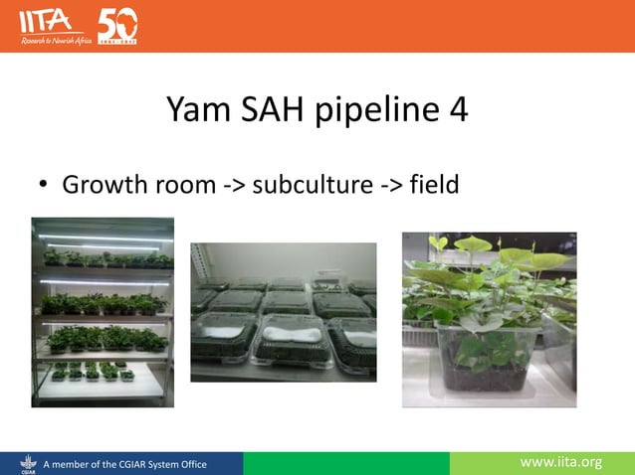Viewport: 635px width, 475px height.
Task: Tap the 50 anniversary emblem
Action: (x=117, y=24)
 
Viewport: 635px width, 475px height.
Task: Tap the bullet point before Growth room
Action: (x=43, y=186)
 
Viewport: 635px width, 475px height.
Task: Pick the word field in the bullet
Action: (x=434, y=185)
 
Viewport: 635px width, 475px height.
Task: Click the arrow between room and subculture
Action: (x=231, y=186)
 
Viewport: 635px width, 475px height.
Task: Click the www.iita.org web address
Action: (x=563, y=462)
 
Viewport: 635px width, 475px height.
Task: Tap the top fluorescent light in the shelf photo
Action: (x=103, y=238)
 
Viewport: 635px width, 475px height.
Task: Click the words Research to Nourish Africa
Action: (x=55, y=40)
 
